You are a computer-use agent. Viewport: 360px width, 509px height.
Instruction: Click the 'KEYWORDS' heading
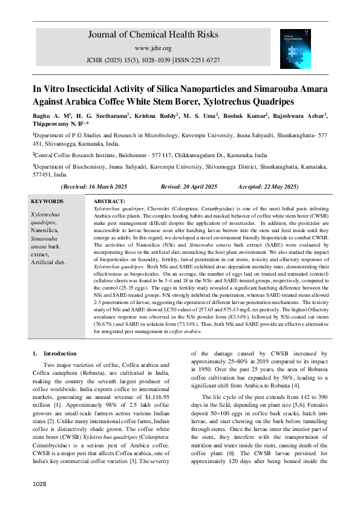pyautogui.click(x=47, y=201)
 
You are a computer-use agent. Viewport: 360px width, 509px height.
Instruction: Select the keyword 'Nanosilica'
pyautogui.click(x=45, y=230)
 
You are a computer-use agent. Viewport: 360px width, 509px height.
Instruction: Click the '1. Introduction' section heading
pyautogui.click(x=55, y=353)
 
